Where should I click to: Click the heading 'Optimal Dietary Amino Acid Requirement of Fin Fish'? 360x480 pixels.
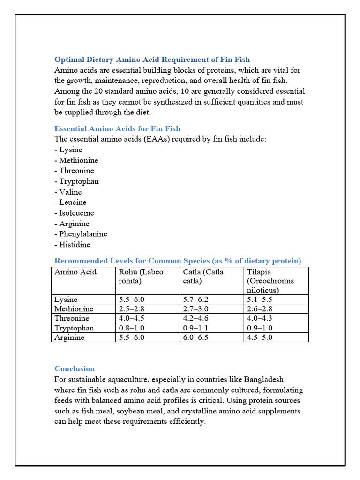(x=152, y=60)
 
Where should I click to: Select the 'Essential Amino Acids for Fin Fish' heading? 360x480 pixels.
(x=117, y=128)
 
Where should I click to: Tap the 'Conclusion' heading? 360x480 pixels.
(x=75, y=368)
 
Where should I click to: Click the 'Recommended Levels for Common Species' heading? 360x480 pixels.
(x=178, y=261)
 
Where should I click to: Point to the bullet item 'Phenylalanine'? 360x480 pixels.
(x=81, y=234)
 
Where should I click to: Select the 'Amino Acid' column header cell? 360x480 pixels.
(x=75, y=272)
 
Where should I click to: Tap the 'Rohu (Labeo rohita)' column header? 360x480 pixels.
(x=141, y=276)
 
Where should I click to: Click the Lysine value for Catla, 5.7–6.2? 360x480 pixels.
(x=195, y=300)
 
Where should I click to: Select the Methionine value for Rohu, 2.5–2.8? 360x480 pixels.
(x=132, y=309)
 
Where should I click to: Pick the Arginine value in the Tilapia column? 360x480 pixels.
(x=260, y=337)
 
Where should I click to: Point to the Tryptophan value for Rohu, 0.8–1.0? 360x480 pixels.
(x=132, y=328)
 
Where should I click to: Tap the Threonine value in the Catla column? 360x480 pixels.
(x=195, y=318)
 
